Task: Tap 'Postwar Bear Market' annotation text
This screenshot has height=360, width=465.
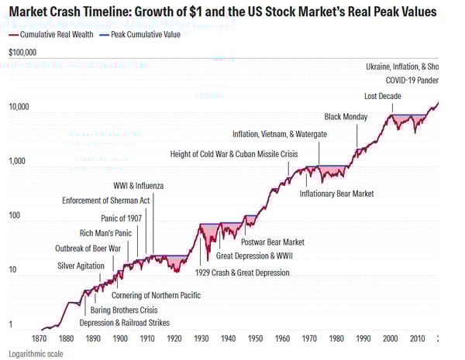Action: (x=273, y=242)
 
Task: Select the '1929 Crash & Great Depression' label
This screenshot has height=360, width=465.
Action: (x=243, y=273)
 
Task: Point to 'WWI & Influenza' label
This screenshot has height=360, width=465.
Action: (x=139, y=187)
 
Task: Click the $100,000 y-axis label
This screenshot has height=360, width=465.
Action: (x=24, y=53)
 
